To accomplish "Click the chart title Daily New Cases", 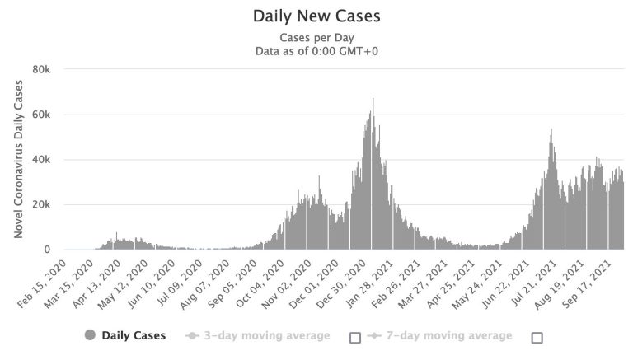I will pos(316,16).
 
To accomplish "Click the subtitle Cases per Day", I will pos(316,38).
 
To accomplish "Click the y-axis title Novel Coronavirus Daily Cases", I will pos(18,160).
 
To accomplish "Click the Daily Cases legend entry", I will pos(125,335).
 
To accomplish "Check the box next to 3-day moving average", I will pos(355,337).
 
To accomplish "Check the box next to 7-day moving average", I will pos(537,337).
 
